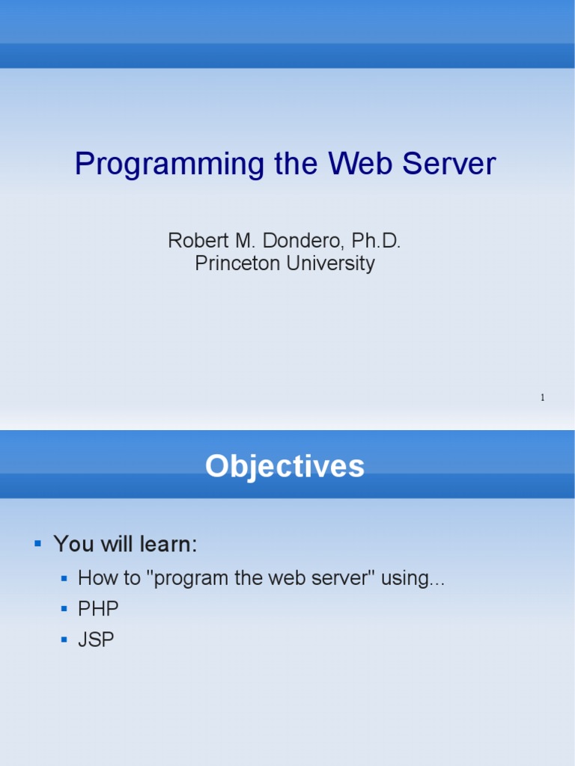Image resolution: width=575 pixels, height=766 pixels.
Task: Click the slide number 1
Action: point(542,397)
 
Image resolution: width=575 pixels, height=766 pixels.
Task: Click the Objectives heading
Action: point(285,466)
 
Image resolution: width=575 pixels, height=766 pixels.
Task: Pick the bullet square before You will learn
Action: point(37,542)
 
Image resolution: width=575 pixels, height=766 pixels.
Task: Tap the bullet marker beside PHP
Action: point(64,610)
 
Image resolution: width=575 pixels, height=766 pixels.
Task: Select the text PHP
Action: point(98,610)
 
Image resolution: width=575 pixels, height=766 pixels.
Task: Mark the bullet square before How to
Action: point(64,578)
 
